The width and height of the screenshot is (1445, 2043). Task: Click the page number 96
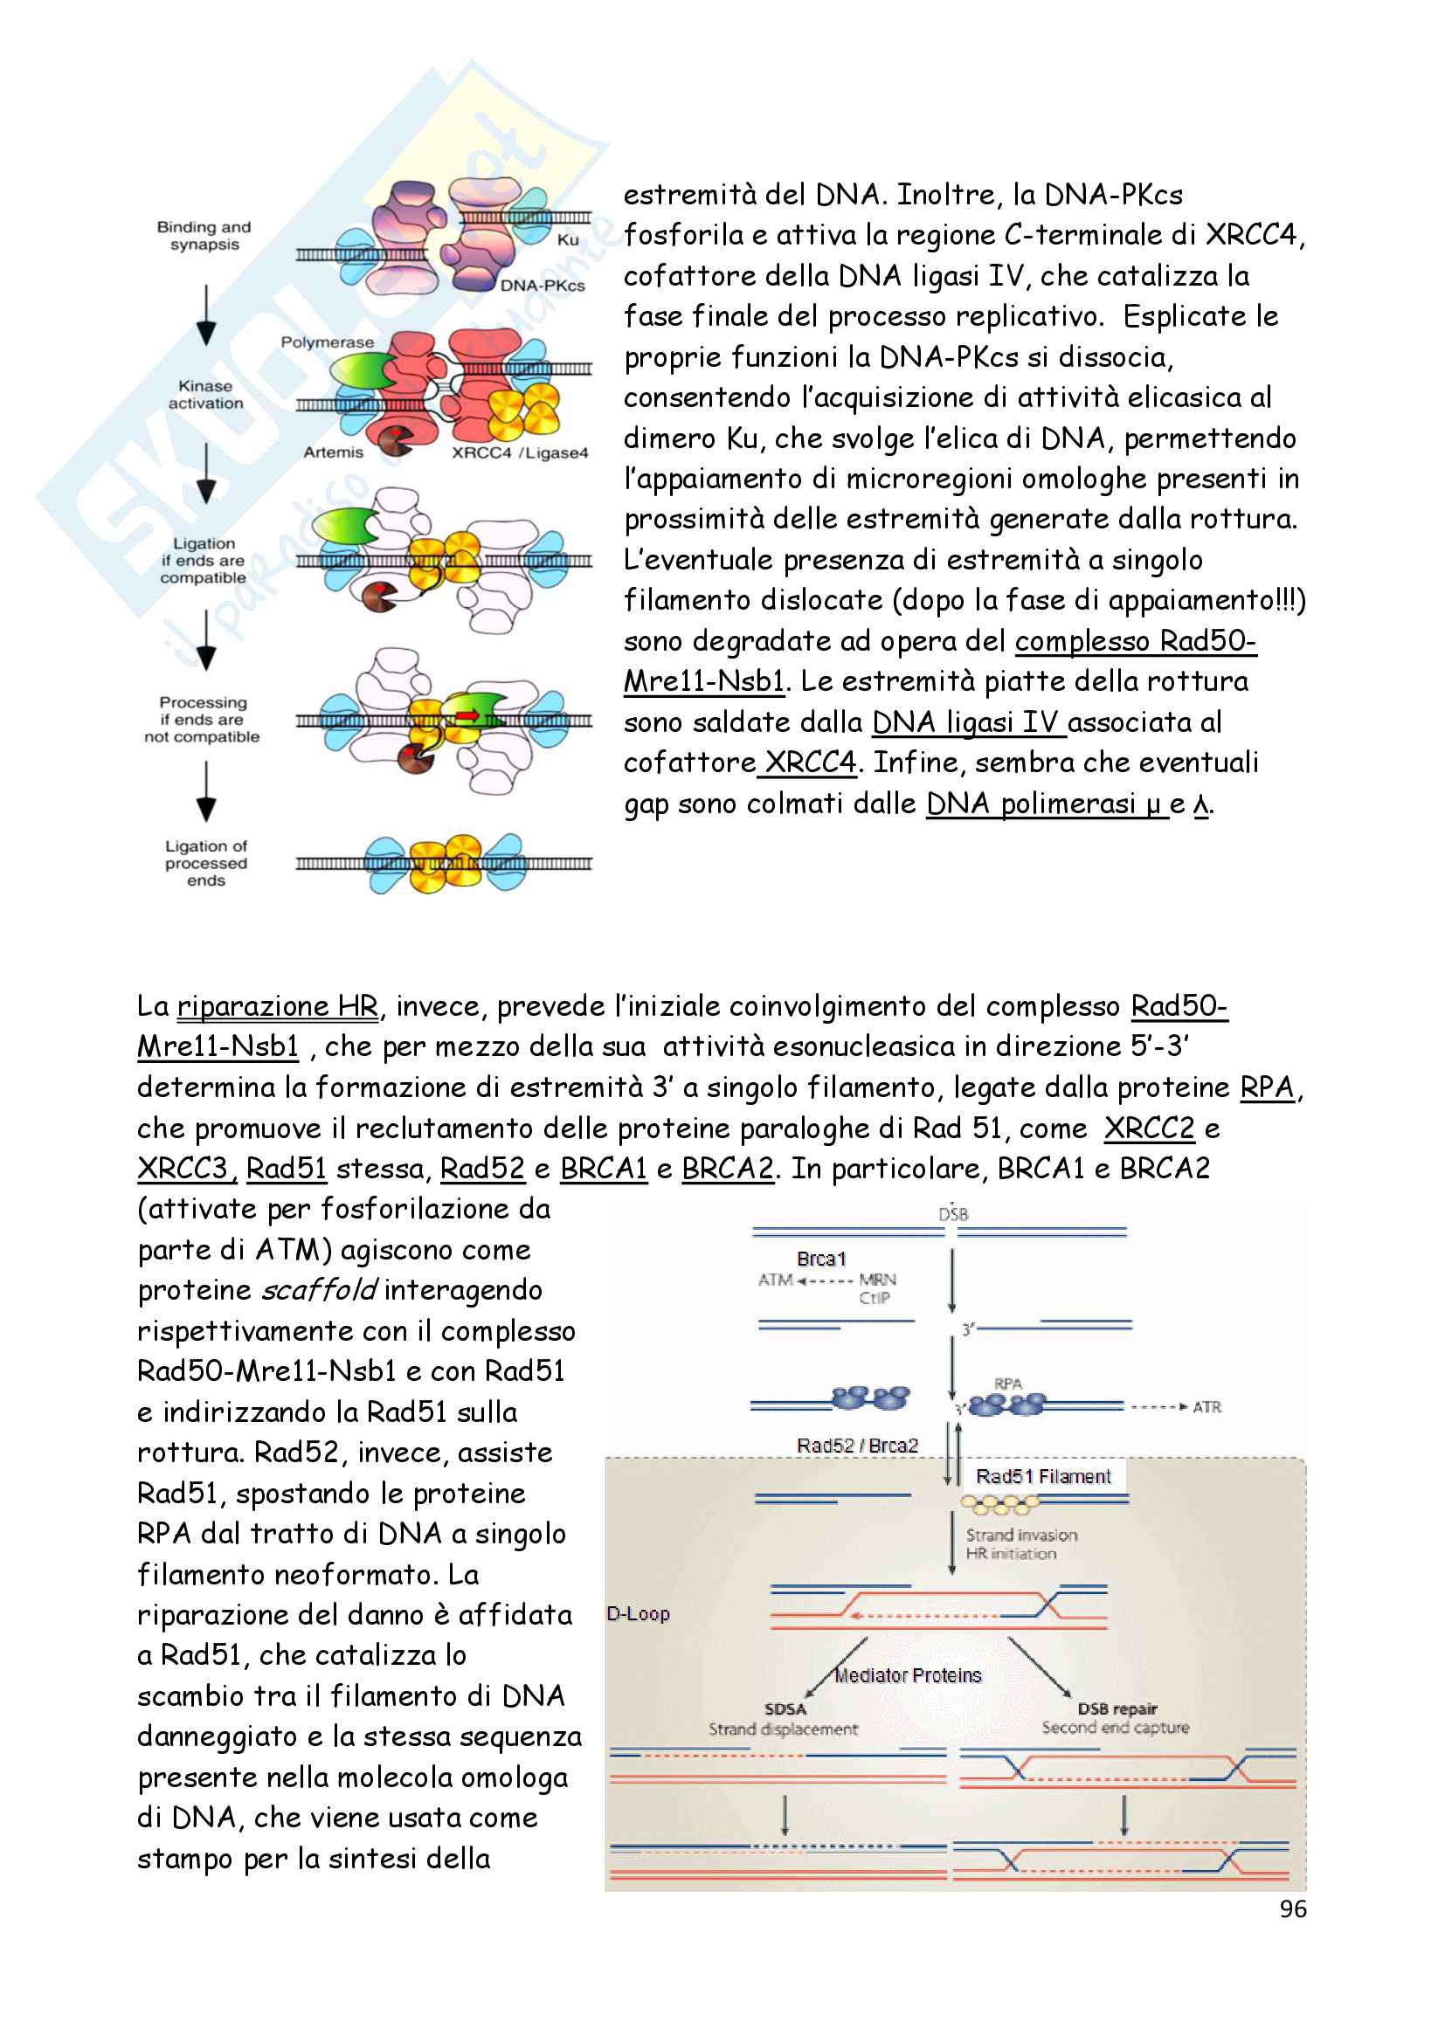click(1292, 1908)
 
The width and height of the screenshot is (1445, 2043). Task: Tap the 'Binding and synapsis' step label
click(204, 236)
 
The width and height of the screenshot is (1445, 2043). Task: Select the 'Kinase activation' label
click(205, 394)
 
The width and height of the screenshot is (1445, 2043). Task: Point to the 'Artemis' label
click(333, 452)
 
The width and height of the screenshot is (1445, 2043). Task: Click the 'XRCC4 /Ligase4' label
click(520, 453)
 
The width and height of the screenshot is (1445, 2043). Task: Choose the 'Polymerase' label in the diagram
click(327, 342)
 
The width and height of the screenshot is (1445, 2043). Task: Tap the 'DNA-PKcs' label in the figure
click(542, 286)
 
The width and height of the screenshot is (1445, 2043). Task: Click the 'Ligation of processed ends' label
click(205, 863)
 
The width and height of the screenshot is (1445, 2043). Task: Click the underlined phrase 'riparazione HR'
click(278, 1006)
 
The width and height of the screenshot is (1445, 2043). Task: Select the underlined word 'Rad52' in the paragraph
click(482, 1169)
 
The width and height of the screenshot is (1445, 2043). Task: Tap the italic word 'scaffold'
click(319, 1290)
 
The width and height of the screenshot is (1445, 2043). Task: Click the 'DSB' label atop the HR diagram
click(953, 1214)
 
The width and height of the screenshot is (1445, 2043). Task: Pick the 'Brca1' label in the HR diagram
click(821, 1260)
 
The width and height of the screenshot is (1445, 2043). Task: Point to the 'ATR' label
click(1206, 1407)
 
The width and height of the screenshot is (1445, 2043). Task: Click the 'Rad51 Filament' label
click(1043, 1477)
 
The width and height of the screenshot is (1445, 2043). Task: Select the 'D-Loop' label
click(638, 1614)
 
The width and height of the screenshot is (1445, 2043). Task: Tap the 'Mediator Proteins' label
click(908, 1675)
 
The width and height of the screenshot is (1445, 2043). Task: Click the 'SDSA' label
click(785, 1709)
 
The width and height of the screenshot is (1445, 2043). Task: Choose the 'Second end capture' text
click(1115, 1728)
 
